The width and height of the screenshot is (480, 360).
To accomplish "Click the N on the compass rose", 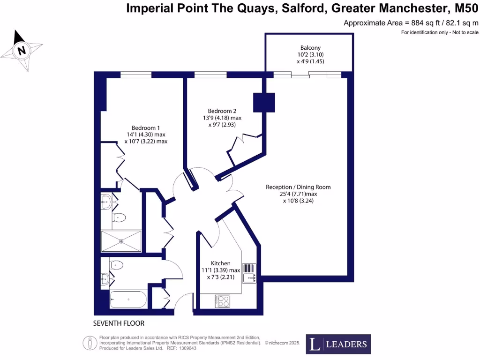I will [21, 50].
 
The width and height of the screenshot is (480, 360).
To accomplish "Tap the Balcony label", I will [310, 48].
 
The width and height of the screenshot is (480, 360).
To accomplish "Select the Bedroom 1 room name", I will [146, 128].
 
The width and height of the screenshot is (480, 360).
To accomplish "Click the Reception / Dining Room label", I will [298, 187].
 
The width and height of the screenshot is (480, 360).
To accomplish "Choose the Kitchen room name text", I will [220, 263].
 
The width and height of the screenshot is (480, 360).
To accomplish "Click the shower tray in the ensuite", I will [121, 241].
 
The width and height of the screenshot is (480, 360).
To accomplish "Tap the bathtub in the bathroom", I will [128, 299].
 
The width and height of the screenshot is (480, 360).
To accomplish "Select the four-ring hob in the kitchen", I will [223, 301].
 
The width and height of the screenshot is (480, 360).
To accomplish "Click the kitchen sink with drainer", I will [249, 274].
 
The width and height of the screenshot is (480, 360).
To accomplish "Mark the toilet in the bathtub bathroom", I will [117, 265].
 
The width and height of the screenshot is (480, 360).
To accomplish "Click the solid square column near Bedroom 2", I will [264, 102].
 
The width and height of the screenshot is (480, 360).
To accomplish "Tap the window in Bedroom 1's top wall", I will [136, 75].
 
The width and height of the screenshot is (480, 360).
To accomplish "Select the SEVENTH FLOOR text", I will [119, 323].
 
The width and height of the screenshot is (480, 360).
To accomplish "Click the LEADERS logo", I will [338, 344].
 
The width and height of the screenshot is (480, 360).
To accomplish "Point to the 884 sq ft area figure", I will [424, 22].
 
